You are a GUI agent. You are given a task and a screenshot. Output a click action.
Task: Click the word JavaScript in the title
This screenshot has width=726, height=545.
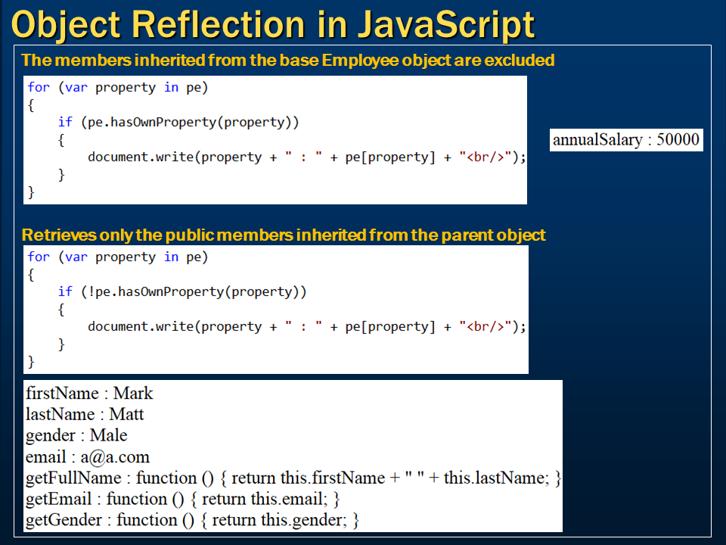tap(446, 25)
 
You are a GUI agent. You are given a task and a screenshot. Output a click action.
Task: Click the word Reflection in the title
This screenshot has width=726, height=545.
tap(219, 24)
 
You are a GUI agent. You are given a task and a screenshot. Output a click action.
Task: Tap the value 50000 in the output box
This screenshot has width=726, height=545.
tap(678, 139)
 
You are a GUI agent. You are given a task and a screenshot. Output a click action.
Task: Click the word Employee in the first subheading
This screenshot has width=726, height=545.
tap(360, 61)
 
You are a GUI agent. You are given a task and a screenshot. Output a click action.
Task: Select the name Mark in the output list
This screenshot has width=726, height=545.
tap(133, 393)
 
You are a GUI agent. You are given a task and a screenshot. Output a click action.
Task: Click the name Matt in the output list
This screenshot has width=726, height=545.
tap(126, 414)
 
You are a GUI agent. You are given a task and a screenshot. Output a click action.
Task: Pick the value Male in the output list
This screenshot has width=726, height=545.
tap(108, 435)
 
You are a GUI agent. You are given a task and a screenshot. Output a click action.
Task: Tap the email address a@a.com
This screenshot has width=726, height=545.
tap(115, 457)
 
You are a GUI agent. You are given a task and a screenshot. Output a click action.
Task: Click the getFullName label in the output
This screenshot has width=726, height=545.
tap(73, 478)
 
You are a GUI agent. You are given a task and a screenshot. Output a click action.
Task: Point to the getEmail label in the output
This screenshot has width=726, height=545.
tap(58, 499)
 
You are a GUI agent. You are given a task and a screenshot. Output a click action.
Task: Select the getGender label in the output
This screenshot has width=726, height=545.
tap(64, 520)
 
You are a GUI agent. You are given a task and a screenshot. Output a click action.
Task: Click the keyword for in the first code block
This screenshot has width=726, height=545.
tap(39, 87)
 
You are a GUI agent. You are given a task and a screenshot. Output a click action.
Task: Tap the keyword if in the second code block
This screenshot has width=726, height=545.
tap(65, 291)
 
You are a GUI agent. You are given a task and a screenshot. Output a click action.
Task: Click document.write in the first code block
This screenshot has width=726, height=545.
tap(141, 157)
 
